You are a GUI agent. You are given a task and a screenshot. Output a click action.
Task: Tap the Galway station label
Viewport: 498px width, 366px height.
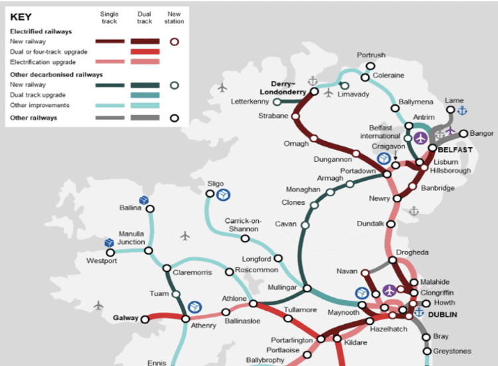point(125,318)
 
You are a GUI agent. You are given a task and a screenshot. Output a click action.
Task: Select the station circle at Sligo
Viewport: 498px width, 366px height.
point(210,194)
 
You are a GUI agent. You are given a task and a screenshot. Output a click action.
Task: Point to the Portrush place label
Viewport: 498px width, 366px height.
point(371,55)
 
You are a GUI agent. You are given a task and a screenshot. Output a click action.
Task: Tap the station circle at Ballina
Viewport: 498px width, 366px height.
point(150,208)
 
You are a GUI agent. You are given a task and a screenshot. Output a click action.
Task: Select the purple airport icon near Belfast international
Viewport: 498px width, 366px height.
point(420,138)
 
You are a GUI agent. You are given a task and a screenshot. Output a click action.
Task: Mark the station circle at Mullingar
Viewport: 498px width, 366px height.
point(307,288)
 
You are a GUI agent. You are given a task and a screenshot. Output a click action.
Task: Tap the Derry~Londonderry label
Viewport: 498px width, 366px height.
point(288,89)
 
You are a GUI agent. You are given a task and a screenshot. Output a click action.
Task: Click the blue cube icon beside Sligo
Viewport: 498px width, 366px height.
point(225,194)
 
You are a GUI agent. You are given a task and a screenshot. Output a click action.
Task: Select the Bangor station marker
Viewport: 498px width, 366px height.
point(463,134)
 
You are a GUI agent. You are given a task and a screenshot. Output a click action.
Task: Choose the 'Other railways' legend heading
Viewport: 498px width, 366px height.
point(33,118)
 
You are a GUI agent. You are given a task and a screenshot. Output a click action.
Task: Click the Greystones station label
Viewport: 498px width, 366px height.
point(452,351)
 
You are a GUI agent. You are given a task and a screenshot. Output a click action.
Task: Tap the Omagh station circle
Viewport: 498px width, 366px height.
point(313,140)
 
